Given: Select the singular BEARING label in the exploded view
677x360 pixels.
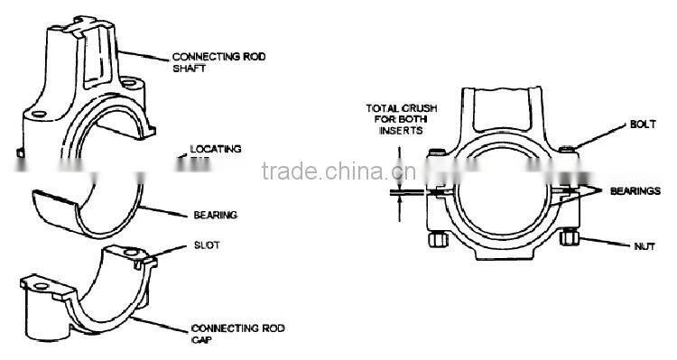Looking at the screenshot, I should [215, 215].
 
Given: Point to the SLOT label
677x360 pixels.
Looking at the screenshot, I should [206, 245].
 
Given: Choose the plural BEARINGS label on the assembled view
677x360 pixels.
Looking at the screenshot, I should [636, 191].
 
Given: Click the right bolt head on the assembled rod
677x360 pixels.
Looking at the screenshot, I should [565, 149].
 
